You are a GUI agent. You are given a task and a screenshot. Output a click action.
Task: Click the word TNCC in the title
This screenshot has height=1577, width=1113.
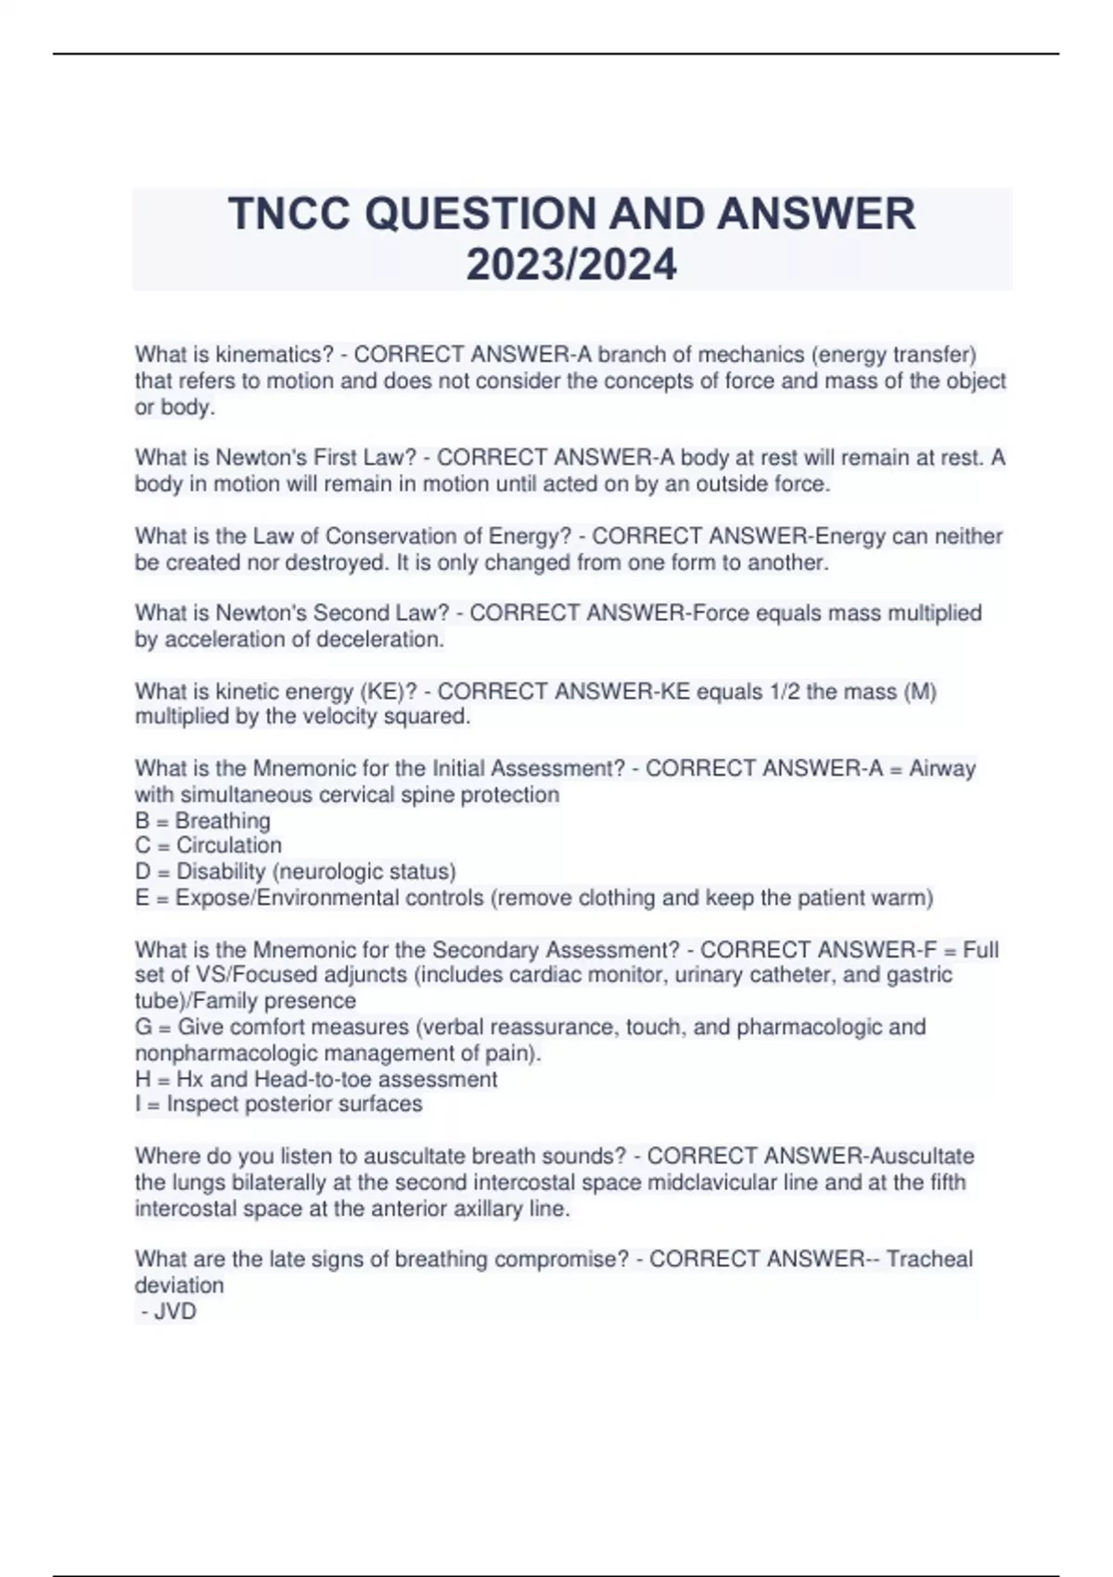(288, 214)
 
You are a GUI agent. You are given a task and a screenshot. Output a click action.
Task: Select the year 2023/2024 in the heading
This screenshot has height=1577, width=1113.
(571, 265)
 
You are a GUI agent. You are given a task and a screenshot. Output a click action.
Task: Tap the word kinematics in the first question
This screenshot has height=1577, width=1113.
(274, 354)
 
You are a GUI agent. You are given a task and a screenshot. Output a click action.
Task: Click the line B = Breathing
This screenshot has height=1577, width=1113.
(203, 820)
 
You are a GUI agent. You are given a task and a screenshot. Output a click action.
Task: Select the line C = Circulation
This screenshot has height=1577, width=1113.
(209, 845)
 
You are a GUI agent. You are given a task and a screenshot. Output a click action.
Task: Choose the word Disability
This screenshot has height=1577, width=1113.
(221, 871)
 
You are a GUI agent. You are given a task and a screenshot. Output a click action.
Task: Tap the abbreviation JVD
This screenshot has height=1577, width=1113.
(175, 1311)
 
